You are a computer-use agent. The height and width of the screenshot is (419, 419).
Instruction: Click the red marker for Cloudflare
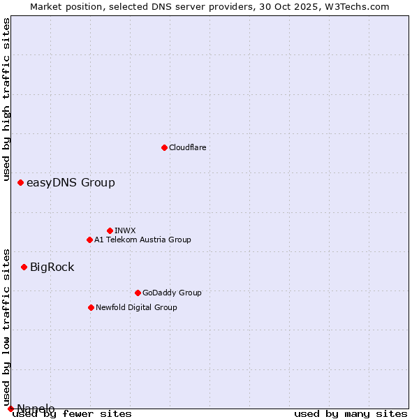164,147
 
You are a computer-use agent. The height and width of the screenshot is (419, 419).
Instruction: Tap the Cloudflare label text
188,148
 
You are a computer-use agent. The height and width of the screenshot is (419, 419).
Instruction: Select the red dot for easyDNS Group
20,182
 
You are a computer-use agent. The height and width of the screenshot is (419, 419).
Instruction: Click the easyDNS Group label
71,183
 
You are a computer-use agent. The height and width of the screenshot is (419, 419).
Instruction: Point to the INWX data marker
110,230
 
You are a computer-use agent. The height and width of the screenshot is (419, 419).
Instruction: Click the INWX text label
125,231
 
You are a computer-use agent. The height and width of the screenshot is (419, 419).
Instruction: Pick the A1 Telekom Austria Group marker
89,240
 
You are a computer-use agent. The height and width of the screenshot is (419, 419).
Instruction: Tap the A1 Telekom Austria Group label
142,240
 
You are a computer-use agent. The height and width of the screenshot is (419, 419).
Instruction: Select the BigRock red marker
24,267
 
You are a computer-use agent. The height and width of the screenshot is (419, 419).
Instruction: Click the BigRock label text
52,267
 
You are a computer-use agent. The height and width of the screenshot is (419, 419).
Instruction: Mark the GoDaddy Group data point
138,293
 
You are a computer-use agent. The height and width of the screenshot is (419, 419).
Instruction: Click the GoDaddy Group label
172,293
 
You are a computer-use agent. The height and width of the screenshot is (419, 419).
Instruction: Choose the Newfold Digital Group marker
91,307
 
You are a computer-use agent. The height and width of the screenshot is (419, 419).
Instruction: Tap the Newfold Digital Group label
136,308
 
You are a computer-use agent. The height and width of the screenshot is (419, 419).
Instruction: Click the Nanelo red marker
10,409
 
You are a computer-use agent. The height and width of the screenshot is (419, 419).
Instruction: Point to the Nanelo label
36,409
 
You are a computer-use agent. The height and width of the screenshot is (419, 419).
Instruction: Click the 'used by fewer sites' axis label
72,414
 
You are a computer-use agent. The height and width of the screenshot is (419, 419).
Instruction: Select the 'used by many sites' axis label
351,414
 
